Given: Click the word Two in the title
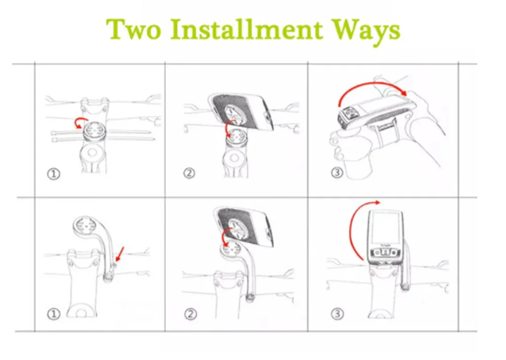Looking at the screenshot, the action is click(134, 29).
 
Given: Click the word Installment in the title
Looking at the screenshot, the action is click(246, 29).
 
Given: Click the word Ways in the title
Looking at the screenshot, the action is click(366, 31).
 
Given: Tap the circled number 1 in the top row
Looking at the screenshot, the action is click(54, 174).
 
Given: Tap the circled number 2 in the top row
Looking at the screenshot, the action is click(189, 173).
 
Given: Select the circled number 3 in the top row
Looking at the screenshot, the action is click(336, 173).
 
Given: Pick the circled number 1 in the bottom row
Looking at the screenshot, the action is click(54, 314).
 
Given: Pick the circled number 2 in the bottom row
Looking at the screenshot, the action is click(190, 314).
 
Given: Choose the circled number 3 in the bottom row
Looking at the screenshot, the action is click(337, 313).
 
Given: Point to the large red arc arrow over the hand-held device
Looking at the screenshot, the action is click(371, 84).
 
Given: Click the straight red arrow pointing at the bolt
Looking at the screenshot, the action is click(119, 254).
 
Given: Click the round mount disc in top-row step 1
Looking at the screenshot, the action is click(92, 132).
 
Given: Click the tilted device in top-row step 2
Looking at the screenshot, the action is click(241, 111).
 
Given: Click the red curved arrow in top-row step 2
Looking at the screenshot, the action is click(229, 127).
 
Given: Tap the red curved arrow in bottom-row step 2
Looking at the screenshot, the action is click(224, 235).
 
